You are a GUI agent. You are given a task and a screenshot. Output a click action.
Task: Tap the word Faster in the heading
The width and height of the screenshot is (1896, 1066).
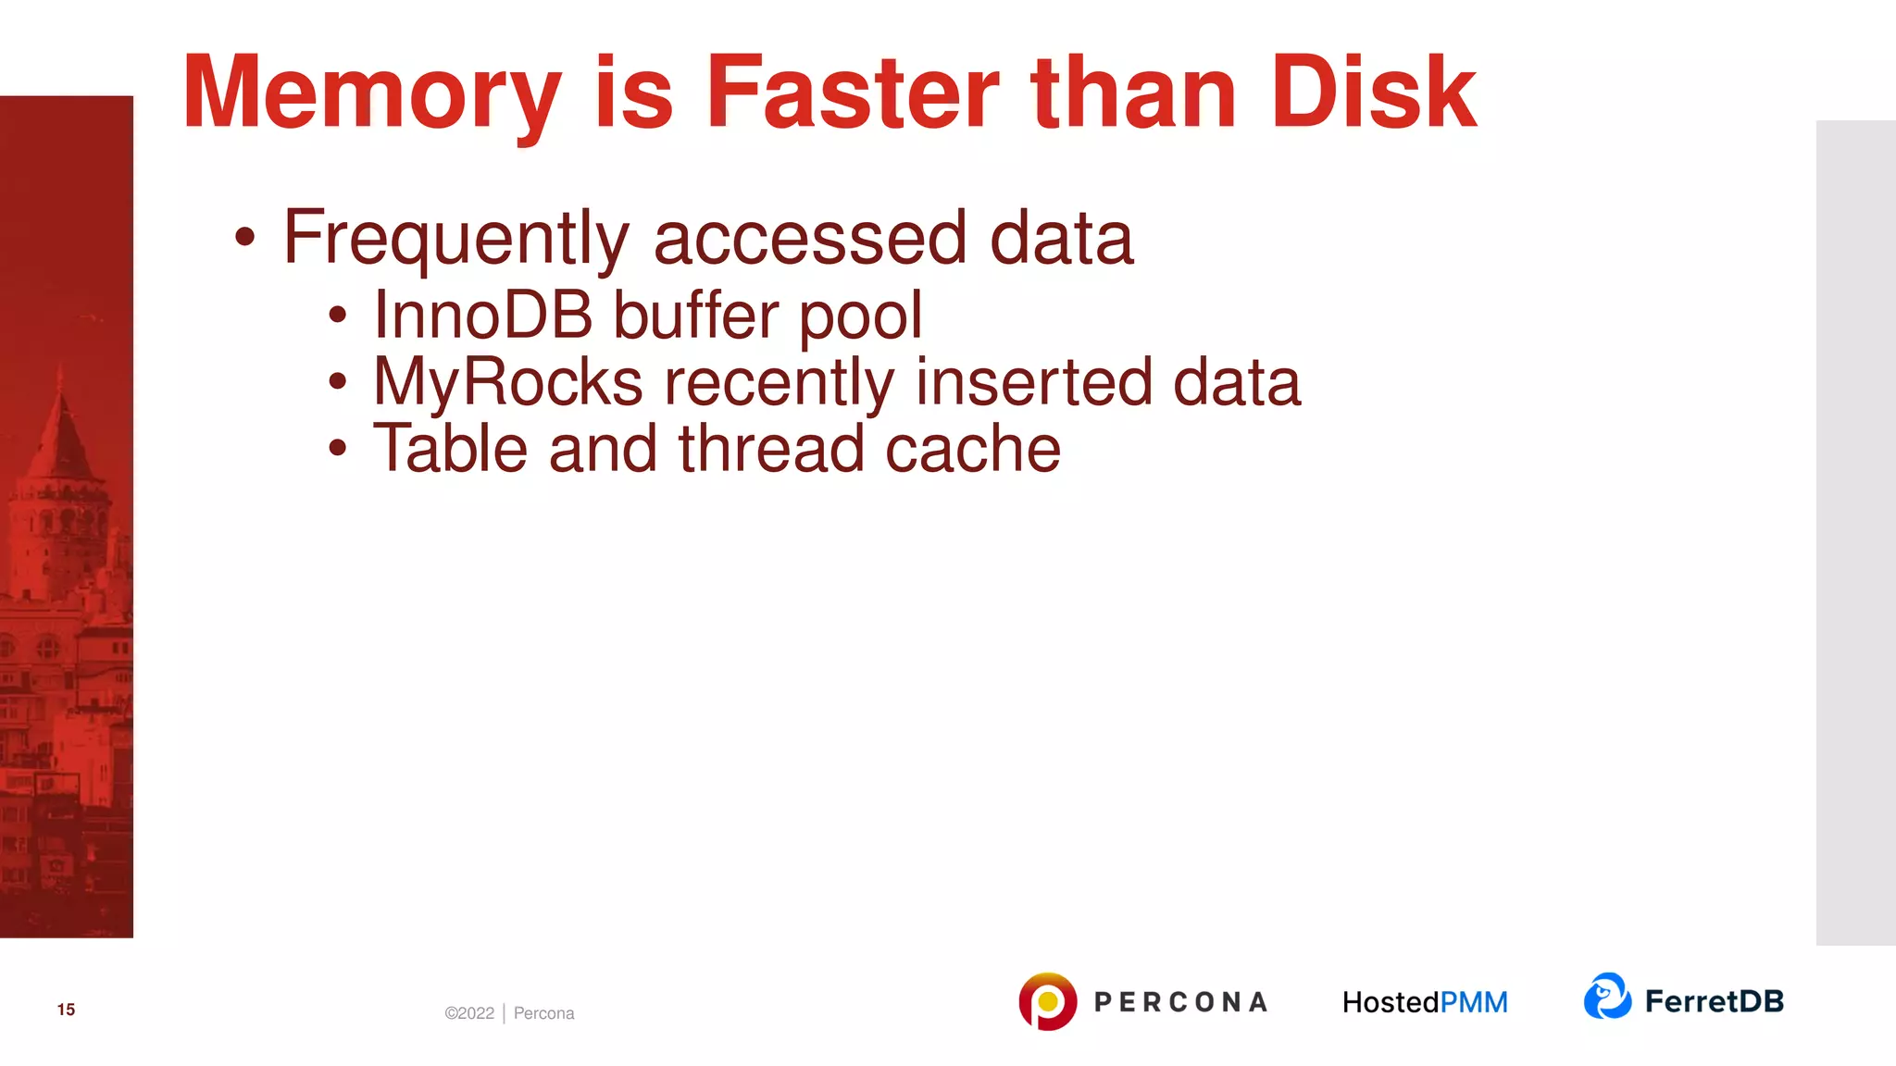(852, 93)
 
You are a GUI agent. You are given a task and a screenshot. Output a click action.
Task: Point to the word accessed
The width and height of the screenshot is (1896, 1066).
(810, 239)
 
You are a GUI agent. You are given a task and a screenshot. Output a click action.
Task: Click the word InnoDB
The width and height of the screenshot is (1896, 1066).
(482, 316)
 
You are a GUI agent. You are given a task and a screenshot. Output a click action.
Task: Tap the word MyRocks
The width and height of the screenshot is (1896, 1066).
(507, 383)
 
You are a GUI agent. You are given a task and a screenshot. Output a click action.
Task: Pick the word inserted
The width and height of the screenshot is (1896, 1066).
(1033, 383)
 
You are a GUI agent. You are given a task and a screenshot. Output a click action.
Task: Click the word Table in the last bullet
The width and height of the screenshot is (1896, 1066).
(450, 450)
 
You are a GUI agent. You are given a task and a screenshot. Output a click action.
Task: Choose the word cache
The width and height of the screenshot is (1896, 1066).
(972, 450)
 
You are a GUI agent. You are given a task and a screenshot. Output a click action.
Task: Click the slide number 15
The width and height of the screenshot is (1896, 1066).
(66, 1010)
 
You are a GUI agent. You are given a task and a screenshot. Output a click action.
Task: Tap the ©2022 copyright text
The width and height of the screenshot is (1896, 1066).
(469, 1013)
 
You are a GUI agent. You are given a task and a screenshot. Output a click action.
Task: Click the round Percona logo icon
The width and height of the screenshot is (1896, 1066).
(1047, 1001)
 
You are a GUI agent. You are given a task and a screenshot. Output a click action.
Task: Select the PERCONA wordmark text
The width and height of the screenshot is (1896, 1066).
(1180, 1002)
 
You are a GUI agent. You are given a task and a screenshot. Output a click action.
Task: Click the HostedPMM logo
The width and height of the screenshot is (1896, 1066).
(1425, 1002)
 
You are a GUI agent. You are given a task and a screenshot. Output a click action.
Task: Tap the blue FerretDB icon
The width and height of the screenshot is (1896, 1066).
(1607, 997)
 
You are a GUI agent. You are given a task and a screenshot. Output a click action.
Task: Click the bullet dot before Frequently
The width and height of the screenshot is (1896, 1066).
(244, 237)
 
